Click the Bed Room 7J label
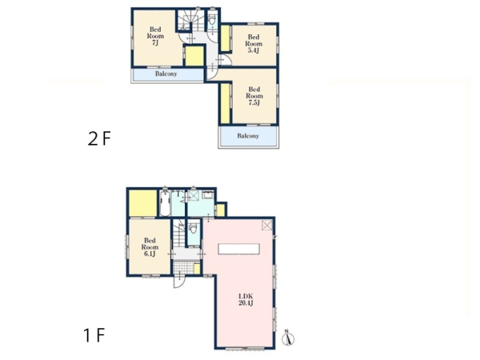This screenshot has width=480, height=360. [x=155, y=36]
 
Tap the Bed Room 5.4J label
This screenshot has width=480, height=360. [x=254, y=43]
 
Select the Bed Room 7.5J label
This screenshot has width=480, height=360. [x=254, y=96]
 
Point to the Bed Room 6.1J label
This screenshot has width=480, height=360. [x=150, y=247]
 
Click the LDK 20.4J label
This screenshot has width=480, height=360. [x=246, y=300]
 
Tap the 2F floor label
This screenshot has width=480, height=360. [x=99, y=138]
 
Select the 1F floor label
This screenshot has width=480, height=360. [x=94, y=335]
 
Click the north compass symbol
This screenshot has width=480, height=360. [x=288, y=338]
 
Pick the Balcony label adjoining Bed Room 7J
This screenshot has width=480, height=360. [x=166, y=74]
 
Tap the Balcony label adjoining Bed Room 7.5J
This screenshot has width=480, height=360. [x=248, y=136]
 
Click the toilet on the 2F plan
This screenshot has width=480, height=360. [x=211, y=20]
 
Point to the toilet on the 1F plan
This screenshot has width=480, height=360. [x=193, y=229]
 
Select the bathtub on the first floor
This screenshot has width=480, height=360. [x=165, y=203]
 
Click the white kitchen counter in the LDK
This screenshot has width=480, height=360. [x=238, y=249]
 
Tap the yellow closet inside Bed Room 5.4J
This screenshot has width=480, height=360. [x=226, y=38]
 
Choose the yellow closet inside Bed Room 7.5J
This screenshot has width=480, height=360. [x=226, y=103]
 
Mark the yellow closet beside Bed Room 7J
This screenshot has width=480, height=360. [x=194, y=56]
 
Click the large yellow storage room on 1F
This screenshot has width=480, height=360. [x=143, y=203]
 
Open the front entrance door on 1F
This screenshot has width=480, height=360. [x=178, y=282]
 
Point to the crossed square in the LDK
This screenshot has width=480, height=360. [x=267, y=226]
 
